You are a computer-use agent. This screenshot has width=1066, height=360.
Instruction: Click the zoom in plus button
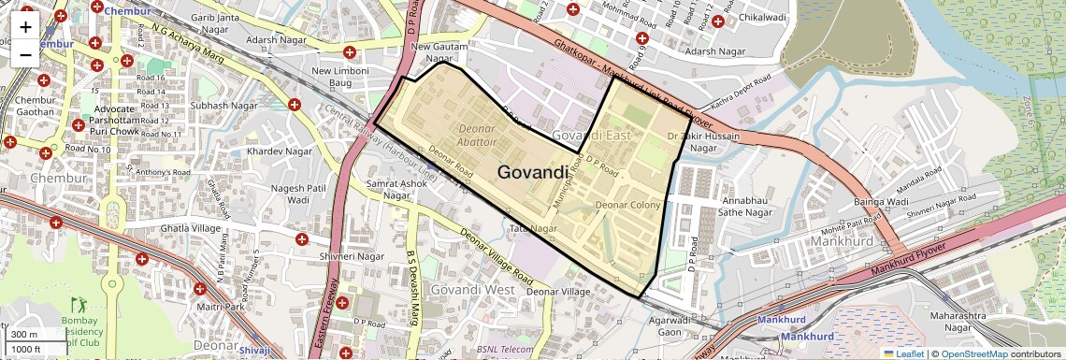click(x=25, y=26)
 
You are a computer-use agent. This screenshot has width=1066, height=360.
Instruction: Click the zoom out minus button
click(x=25, y=54)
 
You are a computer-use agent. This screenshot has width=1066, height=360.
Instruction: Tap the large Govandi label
click(x=532, y=172)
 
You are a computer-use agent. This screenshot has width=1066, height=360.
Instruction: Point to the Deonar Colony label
click(x=628, y=205)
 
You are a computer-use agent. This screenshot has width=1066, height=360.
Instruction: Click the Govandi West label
click(x=472, y=289)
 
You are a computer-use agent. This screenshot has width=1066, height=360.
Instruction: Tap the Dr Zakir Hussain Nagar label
click(x=703, y=142)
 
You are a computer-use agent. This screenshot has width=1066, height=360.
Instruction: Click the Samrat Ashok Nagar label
click(x=398, y=190)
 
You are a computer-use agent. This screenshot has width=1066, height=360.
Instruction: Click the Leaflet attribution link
click(x=902, y=353)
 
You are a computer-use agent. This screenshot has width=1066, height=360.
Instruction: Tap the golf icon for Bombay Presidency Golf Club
click(x=79, y=306)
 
